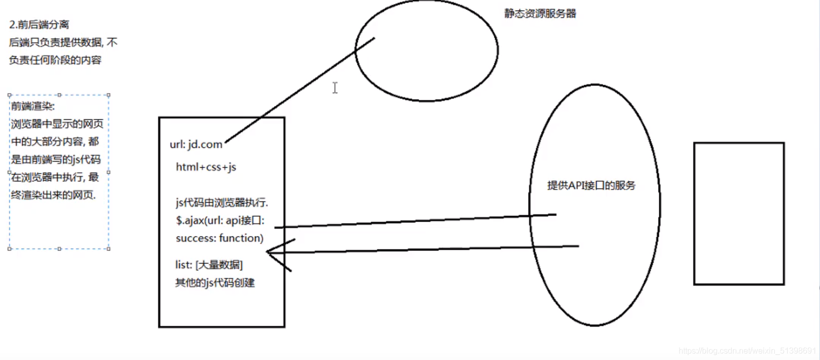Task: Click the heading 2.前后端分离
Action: point(39,24)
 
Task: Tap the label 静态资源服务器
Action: point(540,14)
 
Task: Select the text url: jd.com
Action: point(196,145)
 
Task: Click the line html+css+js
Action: point(206,167)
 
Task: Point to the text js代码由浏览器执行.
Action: point(222,203)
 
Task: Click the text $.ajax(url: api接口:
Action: point(220,221)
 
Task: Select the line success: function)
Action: point(219,238)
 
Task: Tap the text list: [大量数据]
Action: point(209,265)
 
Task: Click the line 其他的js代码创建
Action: point(215,282)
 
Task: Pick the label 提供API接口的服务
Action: point(591,186)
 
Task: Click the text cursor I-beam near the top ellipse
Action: point(335,88)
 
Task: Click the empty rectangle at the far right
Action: point(738,213)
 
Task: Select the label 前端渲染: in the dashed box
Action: point(33,106)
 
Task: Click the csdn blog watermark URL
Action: point(747,351)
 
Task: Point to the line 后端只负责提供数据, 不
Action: point(63,42)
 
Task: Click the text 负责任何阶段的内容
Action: point(55,60)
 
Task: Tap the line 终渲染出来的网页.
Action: point(53,195)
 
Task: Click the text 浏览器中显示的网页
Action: point(57,124)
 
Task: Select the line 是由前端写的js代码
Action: point(56,159)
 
